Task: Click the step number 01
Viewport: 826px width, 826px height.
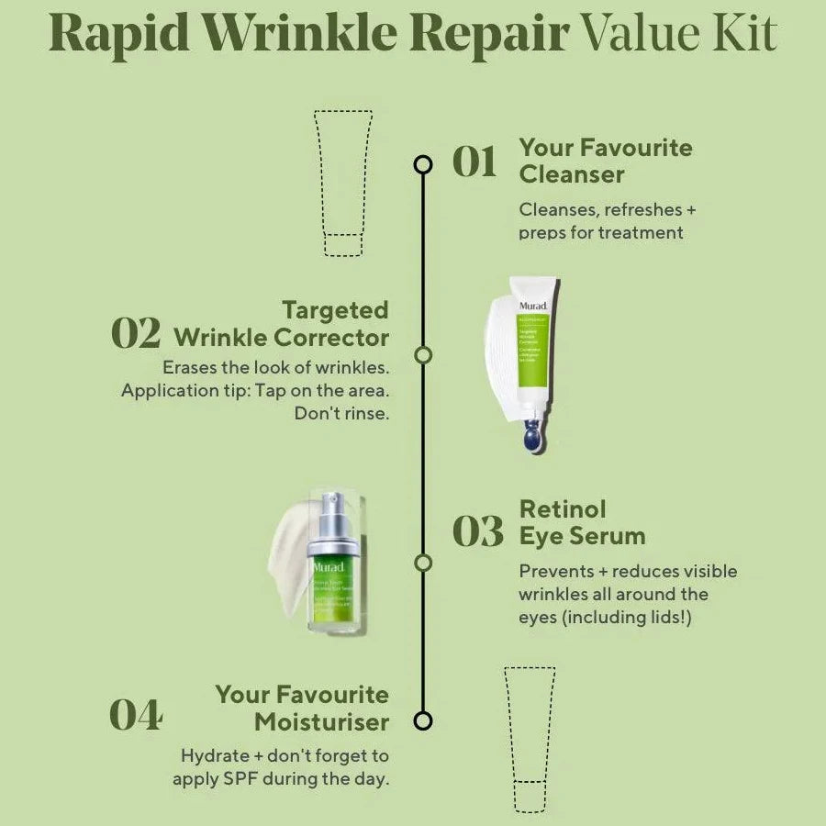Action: (x=474, y=162)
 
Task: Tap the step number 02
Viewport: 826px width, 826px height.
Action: (x=136, y=333)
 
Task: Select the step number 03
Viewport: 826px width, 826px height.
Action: (x=478, y=532)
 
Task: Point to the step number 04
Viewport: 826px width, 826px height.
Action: (x=136, y=716)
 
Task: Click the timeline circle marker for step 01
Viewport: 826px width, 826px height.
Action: (x=423, y=164)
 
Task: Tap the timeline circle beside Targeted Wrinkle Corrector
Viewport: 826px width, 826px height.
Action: (x=423, y=355)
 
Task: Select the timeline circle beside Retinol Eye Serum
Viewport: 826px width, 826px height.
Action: (x=423, y=563)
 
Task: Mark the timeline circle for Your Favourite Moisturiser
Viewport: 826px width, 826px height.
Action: (x=423, y=720)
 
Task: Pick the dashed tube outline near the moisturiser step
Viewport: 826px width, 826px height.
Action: (x=530, y=738)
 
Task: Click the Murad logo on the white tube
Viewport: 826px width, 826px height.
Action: (x=533, y=306)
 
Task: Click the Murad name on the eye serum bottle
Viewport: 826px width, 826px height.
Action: (x=328, y=566)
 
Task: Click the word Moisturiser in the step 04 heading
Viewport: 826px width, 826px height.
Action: (x=321, y=722)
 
